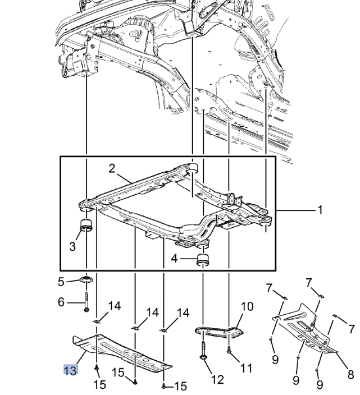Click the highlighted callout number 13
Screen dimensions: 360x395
[x=70, y=370]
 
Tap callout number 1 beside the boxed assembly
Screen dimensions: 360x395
[x=320, y=210]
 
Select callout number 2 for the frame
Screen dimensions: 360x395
[x=112, y=168]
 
